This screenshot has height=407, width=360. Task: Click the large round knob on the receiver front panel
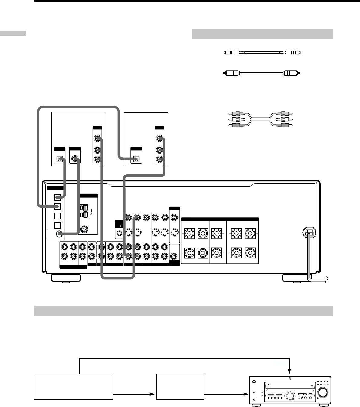pyautogui.click(x=323, y=392)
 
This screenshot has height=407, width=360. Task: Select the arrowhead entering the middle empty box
pyautogui.click(x=153, y=394)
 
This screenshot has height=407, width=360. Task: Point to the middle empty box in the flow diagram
pyautogui.click(x=180, y=387)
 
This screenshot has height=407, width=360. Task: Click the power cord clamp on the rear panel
pyautogui.click(x=308, y=232)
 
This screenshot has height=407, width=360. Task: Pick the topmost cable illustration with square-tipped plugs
pyautogui.click(x=262, y=52)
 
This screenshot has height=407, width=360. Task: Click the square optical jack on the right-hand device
pyautogui.click(x=136, y=159)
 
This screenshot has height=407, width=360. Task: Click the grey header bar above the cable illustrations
pyautogui.click(x=262, y=34)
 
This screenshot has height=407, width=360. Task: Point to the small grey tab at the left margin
pyautogui.click(x=13, y=33)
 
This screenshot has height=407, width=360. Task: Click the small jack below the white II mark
pyautogui.click(x=119, y=233)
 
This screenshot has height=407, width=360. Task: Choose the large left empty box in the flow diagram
pyautogui.click(x=74, y=387)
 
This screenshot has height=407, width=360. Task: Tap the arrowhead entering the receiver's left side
pyautogui.click(x=245, y=394)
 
